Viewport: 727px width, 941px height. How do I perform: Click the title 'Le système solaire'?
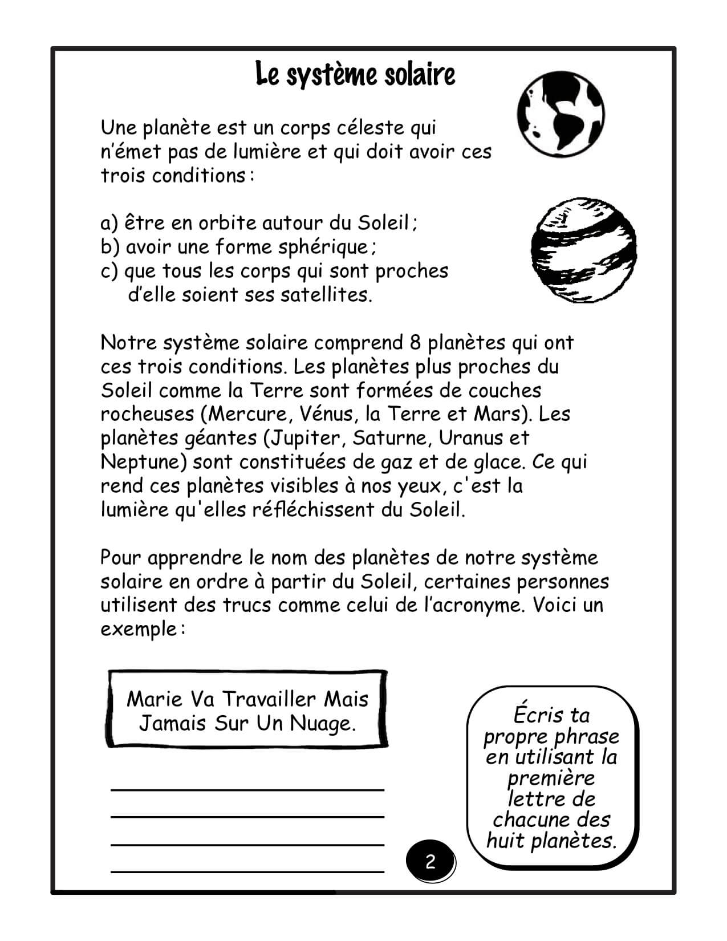pyautogui.click(x=355, y=75)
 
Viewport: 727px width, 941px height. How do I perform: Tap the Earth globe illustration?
pyautogui.click(x=561, y=115)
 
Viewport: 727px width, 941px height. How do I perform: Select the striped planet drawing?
pyautogui.click(x=583, y=250)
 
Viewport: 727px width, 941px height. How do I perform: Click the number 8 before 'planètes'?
pyautogui.click(x=415, y=343)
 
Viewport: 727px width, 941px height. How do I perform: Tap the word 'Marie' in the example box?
pyautogui.click(x=155, y=699)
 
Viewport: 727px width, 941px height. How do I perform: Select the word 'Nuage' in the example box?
pyautogui.click(x=322, y=723)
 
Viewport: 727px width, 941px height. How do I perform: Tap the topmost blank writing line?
pyautogui.click(x=247, y=789)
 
